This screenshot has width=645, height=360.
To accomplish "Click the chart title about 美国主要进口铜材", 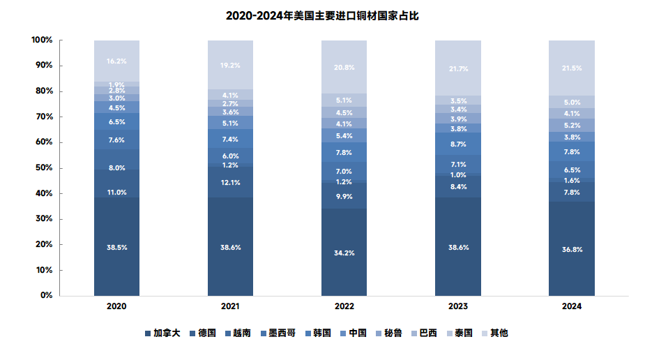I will tap(322, 15).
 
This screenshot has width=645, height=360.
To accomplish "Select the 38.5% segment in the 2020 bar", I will tap(116, 247).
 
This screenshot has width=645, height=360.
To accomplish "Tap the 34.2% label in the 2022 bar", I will tap(344, 253).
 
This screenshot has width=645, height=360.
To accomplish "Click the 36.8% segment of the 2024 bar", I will tap(571, 249).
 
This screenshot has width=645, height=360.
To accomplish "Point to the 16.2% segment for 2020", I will tap(116, 61).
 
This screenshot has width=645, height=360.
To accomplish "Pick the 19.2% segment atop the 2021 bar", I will tap(230, 65).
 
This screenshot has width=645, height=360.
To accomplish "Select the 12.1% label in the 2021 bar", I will tap(230, 183).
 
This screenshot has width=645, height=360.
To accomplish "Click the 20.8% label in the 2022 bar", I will tap(344, 68).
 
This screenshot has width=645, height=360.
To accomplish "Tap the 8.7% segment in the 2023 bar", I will tap(457, 144).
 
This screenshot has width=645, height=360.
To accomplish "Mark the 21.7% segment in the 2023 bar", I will tap(457, 68).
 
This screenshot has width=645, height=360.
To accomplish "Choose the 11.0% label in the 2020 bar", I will tap(116, 192).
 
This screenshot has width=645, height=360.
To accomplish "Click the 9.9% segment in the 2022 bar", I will tap(344, 197).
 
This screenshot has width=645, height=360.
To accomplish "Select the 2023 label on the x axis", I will tap(457, 306).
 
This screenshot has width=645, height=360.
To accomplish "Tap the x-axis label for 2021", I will tap(230, 306).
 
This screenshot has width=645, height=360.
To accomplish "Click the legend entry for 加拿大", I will tap(162, 333).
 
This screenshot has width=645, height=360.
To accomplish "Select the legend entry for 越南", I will tap(238, 333).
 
